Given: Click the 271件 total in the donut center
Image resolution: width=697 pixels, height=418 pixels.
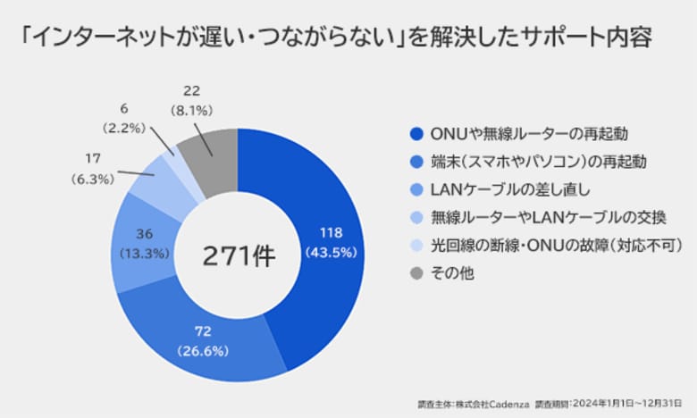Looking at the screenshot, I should click(x=238, y=255).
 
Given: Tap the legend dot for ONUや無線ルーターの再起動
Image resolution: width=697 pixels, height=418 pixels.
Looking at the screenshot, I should click(x=416, y=134).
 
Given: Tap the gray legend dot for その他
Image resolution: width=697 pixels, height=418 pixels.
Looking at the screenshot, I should click(x=416, y=272).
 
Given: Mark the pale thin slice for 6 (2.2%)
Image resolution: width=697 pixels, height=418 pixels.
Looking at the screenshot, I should click(x=181, y=167).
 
